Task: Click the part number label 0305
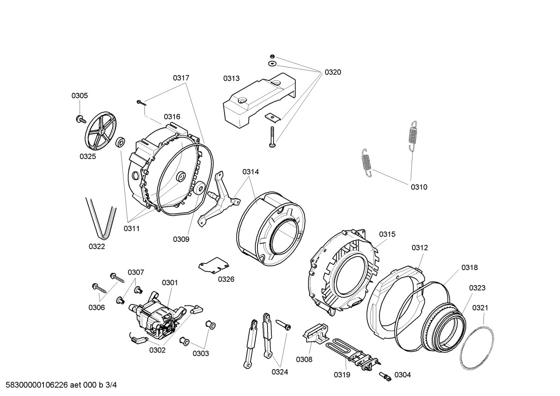[79, 96]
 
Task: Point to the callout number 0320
[333, 72]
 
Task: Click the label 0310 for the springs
[419, 187]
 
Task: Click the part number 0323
[477, 288]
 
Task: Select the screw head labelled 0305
[81, 119]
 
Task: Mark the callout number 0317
[181, 78]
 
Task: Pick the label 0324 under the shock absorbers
[280, 372]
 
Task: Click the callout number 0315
[387, 234]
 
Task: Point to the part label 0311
[131, 229]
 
